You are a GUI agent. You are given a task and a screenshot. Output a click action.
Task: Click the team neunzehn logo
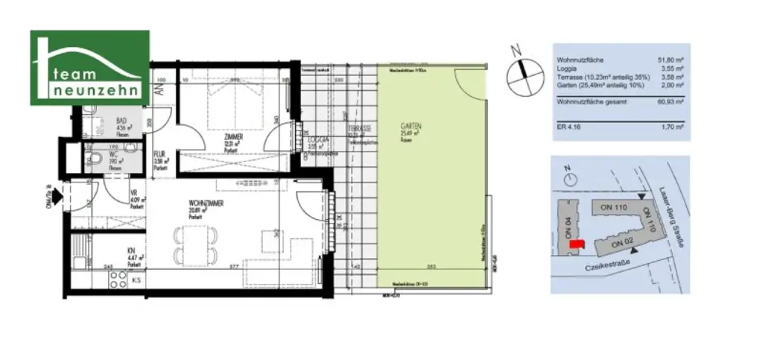(89, 69)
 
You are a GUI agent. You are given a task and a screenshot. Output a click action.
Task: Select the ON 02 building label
(621, 242)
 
